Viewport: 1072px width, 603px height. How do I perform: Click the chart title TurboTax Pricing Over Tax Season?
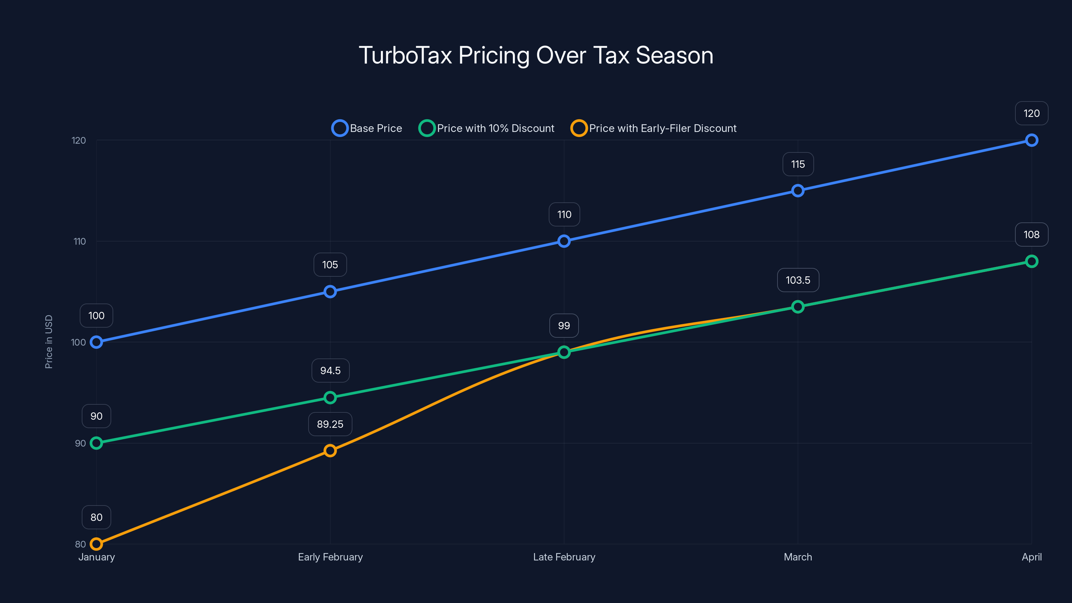coord(536,55)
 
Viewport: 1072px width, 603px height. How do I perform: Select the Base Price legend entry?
coord(367,128)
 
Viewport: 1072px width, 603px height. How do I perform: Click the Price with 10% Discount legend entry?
coord(486,128)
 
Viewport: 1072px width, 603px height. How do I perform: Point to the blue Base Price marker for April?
coord(1031,140)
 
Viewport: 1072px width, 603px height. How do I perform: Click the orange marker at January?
coord(96,544)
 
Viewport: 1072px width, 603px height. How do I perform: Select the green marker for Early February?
coord(330,397)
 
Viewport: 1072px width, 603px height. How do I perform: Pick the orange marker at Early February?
coord(330,451)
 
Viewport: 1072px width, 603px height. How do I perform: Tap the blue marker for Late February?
coord(564,241)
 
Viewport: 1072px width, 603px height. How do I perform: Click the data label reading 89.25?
coord(330,424)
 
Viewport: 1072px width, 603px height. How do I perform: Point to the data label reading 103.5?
coord(798,280)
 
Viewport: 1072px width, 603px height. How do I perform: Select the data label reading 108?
coord(1031,235)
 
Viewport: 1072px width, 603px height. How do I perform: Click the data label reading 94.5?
coord(330,371)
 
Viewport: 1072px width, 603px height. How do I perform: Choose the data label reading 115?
coord(798,164)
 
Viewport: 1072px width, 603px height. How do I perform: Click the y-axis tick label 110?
coord(79,241)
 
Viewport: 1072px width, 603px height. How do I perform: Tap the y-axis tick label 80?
coord(80,544)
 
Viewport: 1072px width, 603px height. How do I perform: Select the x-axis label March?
coord(798,557)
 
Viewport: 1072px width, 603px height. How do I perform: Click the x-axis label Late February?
coord(564,557)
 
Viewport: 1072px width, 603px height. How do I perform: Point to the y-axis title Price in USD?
coord(49,342)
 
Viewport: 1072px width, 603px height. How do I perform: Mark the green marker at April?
coord(1031,261)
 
